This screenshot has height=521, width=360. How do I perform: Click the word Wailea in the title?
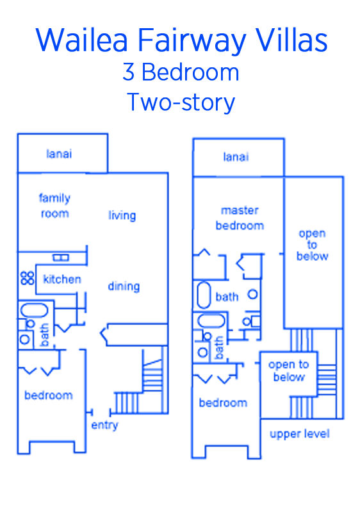coord(82,40)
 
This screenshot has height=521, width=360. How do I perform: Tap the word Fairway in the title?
coord(192,41)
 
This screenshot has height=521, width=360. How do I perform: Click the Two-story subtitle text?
coord(181,103)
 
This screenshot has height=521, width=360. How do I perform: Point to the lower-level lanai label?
coord(59,154)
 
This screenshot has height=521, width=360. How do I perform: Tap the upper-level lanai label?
coord(236,156)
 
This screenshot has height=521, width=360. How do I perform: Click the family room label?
coord(54,205)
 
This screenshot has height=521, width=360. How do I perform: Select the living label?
coord(122,215)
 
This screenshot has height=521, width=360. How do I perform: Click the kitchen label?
coord(62,279)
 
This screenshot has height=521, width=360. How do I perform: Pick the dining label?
coord(124,286)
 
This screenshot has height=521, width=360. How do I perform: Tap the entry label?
coord(104,425)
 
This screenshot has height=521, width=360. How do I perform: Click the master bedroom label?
coord(240,218)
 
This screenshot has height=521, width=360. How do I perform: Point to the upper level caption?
coord(300,434)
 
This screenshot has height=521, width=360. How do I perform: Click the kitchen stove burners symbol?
coord(28,277)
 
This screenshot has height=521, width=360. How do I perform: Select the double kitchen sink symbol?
coord(61,258)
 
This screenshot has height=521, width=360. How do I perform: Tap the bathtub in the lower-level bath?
coord(34,310)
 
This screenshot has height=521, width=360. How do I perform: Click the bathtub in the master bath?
coord(204,295)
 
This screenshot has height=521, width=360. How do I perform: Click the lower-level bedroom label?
coord(49,395)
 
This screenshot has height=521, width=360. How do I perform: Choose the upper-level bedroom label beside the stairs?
coord(223,402)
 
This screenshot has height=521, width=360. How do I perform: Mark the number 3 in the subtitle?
coord(129,72)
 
